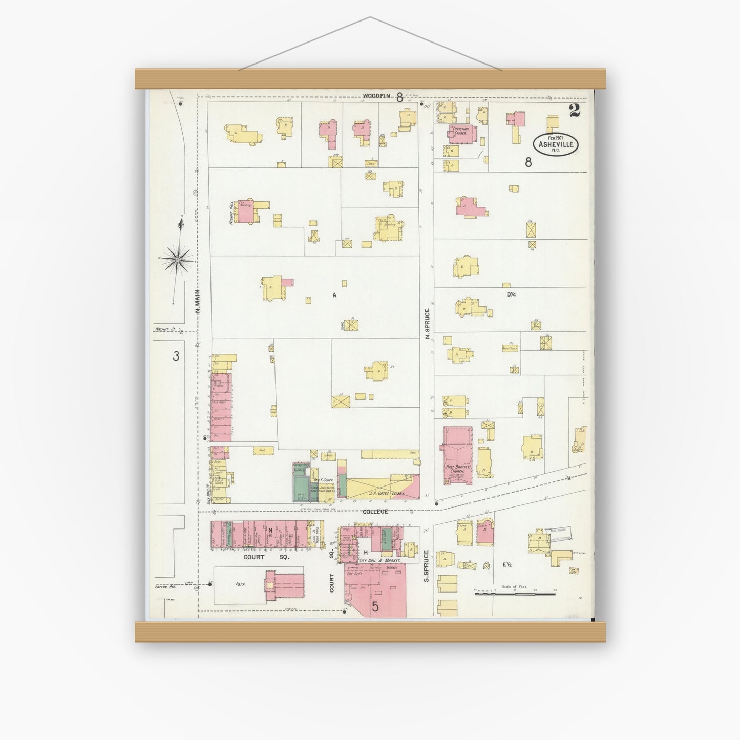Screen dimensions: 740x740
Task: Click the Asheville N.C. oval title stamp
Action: [x=556, y=144]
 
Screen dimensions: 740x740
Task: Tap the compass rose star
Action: [x=177, y=260]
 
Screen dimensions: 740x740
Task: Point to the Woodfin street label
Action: [x=376, y=96]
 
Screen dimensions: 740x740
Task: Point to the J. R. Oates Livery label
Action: [x=386, y=493]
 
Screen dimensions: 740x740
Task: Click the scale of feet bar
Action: [x=516, y=594]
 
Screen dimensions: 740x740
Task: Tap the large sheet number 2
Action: [x=574, y=110]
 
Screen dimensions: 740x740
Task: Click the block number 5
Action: [x=375, y=607]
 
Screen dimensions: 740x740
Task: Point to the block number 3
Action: [x=176, y=356]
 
